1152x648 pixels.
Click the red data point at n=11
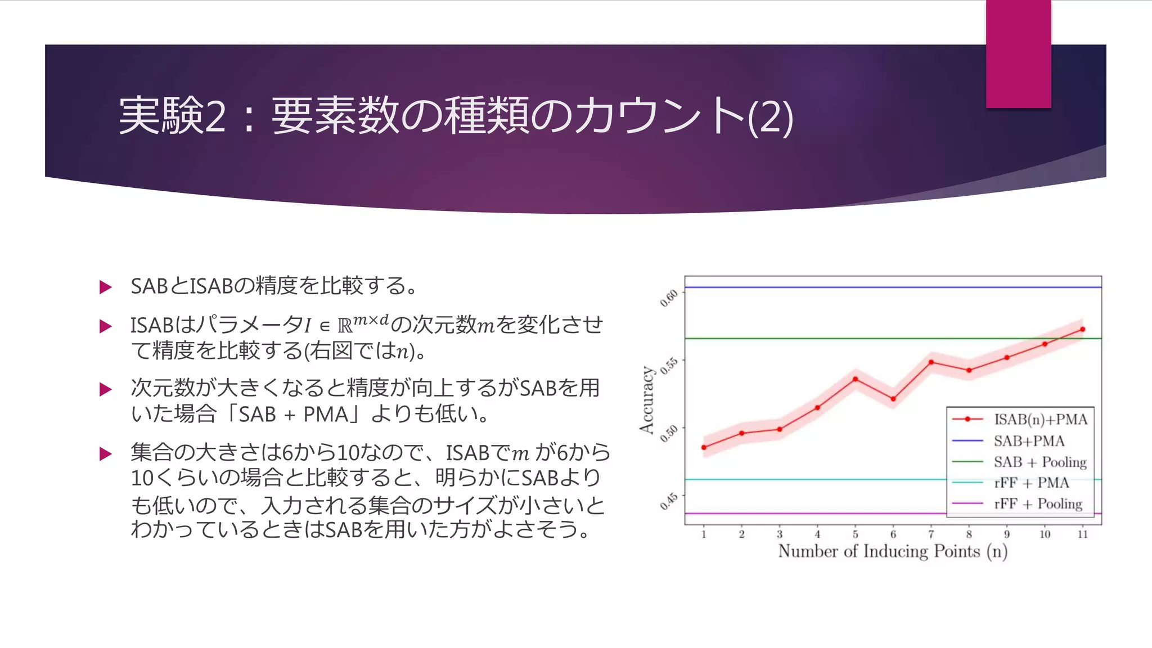point(1082,329)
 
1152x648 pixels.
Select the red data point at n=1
point(704,447)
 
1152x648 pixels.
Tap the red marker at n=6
point(893,399)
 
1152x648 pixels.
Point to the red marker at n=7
point(931,362)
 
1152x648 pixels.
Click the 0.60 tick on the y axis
point(669,298)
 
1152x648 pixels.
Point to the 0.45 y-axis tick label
point(669,501)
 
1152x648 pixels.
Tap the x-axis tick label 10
point(1045,534)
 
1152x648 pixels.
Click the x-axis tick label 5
point(855,534)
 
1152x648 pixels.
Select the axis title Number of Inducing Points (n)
point(893,551)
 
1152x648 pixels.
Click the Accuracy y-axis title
point(647,399)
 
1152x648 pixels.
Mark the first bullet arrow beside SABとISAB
point(105,287)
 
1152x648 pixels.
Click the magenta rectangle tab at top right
point(1018,53)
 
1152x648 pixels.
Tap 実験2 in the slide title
point(172,115)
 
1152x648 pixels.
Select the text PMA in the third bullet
point(326,415)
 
